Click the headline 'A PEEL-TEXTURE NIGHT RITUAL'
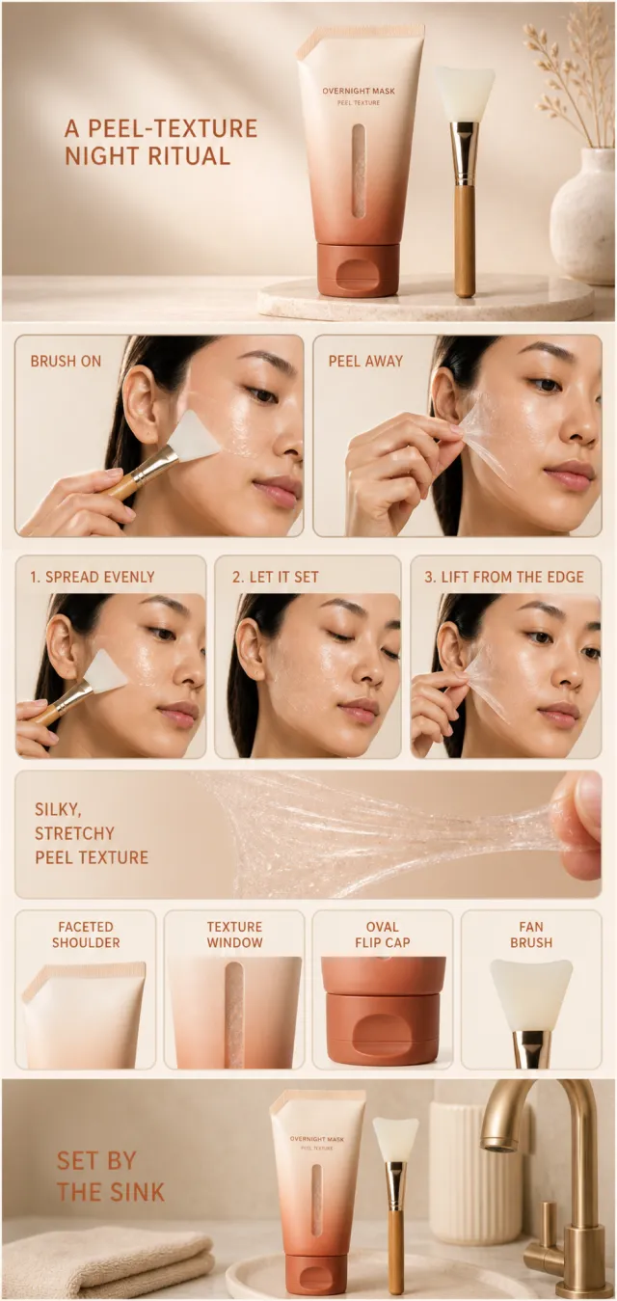pos(161,143)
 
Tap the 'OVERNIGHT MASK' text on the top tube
pos(358,92)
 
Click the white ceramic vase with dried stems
pos(582,215)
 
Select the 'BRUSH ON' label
pos(66,362)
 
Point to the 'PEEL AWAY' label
pos(365,362)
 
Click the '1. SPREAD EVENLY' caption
pos(93,577)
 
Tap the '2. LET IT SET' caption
pos(275,577)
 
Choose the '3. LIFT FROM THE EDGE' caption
pos(504,577)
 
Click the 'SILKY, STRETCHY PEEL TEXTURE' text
pos(92,833)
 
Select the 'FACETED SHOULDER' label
pos(86,935)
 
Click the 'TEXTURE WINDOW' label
pos(234,935)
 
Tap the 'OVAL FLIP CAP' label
pos(383,935)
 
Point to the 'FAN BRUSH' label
pos(531,935)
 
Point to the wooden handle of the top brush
pos(465,240)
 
